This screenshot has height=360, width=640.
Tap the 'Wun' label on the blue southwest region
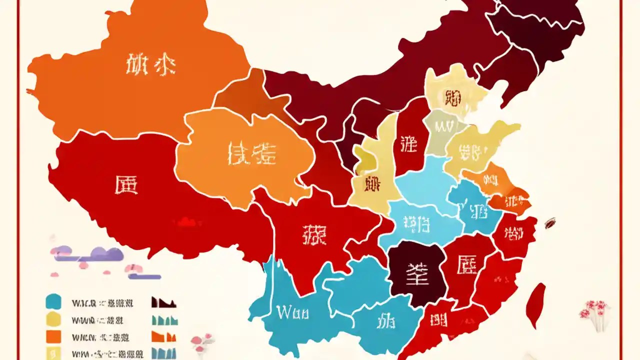click(x=292, y=313)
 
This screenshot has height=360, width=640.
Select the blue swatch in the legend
click(x=53, y=301)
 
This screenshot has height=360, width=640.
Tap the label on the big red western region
click(x=125, y=185)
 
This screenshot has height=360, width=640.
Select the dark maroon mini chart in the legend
click(x=163, y=302)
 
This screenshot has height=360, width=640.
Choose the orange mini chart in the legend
click(x=163, y=335)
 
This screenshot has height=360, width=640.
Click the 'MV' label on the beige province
click(x=443, y=126)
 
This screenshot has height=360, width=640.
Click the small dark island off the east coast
click(x=550, y=221)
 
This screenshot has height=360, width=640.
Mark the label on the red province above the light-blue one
click(x=408, y=144)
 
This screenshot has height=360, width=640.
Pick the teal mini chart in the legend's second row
click(x=163, y=319)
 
